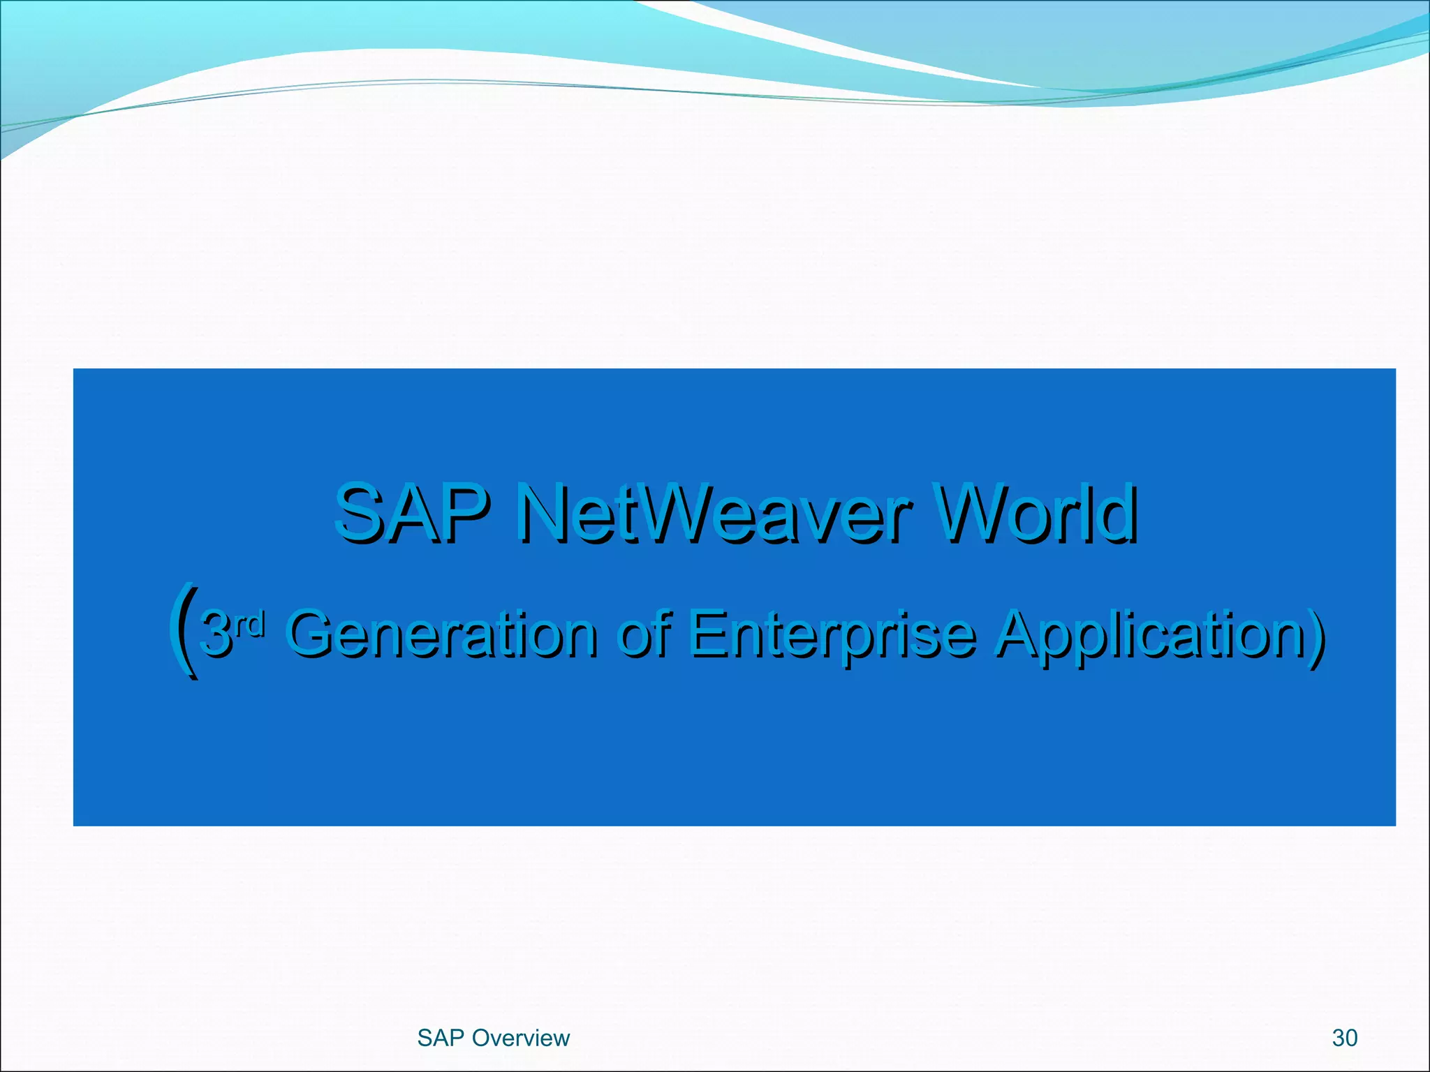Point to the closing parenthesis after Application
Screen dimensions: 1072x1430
click(1317, 634)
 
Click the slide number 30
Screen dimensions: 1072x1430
click(1344, 1038)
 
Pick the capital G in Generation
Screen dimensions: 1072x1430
click(312, 634)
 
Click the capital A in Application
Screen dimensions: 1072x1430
click(1019, 634)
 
